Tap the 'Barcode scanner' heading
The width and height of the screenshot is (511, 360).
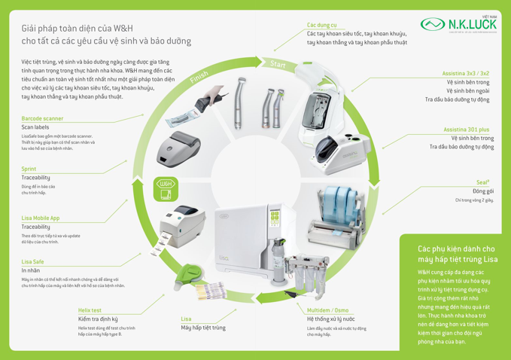[42, 118]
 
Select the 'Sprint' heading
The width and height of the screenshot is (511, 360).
[29, 169]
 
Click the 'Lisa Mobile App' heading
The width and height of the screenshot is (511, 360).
[41, 217]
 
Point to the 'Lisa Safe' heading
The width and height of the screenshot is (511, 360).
[32, 261]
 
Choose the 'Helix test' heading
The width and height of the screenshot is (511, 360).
[90, 310]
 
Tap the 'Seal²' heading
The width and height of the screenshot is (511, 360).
[483, 182]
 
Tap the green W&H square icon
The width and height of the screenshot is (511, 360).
[165, 188]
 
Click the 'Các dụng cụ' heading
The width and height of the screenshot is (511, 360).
[321, 25]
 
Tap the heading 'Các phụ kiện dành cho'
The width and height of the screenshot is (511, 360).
[456, 248]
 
